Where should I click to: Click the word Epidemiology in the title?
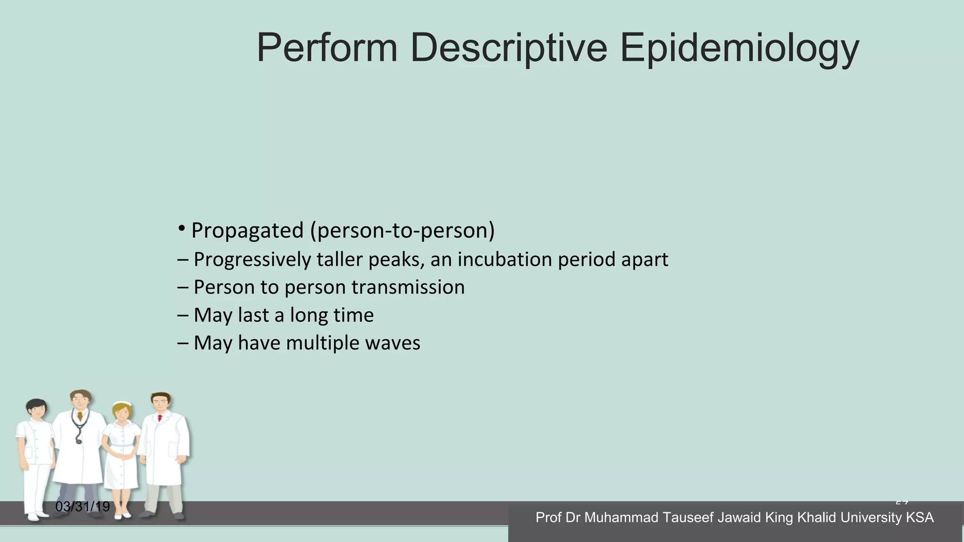[x=739, y=49]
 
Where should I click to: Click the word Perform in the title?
[x=327, y=49]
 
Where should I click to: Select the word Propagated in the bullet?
[x=248, y=231]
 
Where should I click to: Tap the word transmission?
[x=408, y=287]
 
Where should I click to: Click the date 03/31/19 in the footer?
[x=82, y=507]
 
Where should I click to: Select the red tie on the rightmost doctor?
[x=160, y=418]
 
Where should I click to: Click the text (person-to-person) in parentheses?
[x=402, y=231]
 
